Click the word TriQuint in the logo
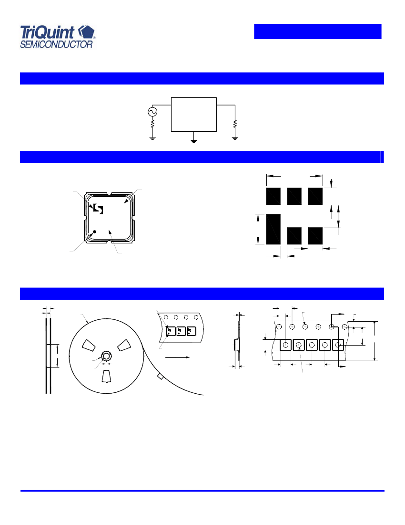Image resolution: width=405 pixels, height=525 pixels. point(47,33)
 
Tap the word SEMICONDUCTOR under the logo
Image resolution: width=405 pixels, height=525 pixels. point(56,44)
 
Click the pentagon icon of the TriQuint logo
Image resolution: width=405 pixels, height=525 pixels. point(86,32)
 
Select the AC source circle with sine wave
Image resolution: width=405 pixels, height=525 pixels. point(152,112)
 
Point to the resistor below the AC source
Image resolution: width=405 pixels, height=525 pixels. point(152,124)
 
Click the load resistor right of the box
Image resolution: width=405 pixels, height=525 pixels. point(235,124)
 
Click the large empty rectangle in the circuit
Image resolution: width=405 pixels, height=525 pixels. point(194,115)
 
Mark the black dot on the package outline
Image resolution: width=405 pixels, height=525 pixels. point(94,231)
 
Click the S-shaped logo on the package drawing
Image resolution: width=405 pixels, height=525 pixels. point(98,209)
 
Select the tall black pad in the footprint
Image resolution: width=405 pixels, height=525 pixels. point(273,230)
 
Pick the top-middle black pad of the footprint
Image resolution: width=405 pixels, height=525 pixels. point(294,197)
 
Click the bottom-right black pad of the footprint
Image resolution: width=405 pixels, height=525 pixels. point(315,236)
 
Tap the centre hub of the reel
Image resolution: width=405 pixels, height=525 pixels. point(106,356)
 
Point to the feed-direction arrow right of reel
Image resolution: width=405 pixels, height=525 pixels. point(177,357)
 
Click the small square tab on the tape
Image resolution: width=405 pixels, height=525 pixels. point(160,377)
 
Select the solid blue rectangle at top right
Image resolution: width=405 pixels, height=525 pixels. point(318,31)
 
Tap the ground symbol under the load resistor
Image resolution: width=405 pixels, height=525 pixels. point(235,138)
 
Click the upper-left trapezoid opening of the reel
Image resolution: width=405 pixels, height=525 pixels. point(90,346)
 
